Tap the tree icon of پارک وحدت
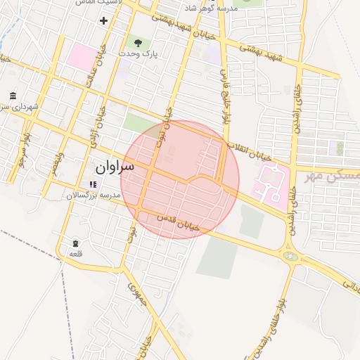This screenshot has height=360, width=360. (137, 44)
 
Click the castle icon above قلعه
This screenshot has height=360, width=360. (75, 243)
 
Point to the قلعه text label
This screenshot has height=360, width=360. (75, 254)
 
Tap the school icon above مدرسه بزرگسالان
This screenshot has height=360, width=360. (93, 184)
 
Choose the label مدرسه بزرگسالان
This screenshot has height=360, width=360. (94, 194)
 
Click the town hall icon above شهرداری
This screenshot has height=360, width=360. (13, 96)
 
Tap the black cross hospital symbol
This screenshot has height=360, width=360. (104, 20)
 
